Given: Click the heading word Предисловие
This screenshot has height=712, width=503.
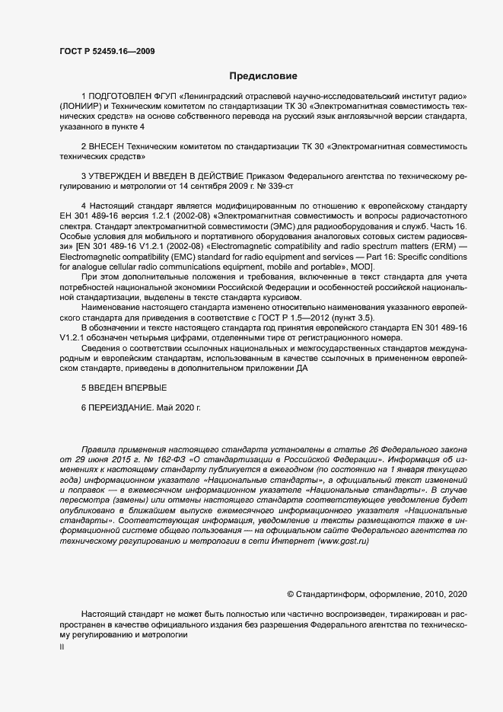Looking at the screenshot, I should pos(263,75).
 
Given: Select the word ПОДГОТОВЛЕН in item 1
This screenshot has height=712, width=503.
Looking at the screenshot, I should pos(121,96).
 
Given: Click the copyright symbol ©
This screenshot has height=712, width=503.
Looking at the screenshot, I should pos(290,593).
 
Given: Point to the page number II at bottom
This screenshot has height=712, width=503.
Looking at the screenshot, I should pos(62,647).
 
